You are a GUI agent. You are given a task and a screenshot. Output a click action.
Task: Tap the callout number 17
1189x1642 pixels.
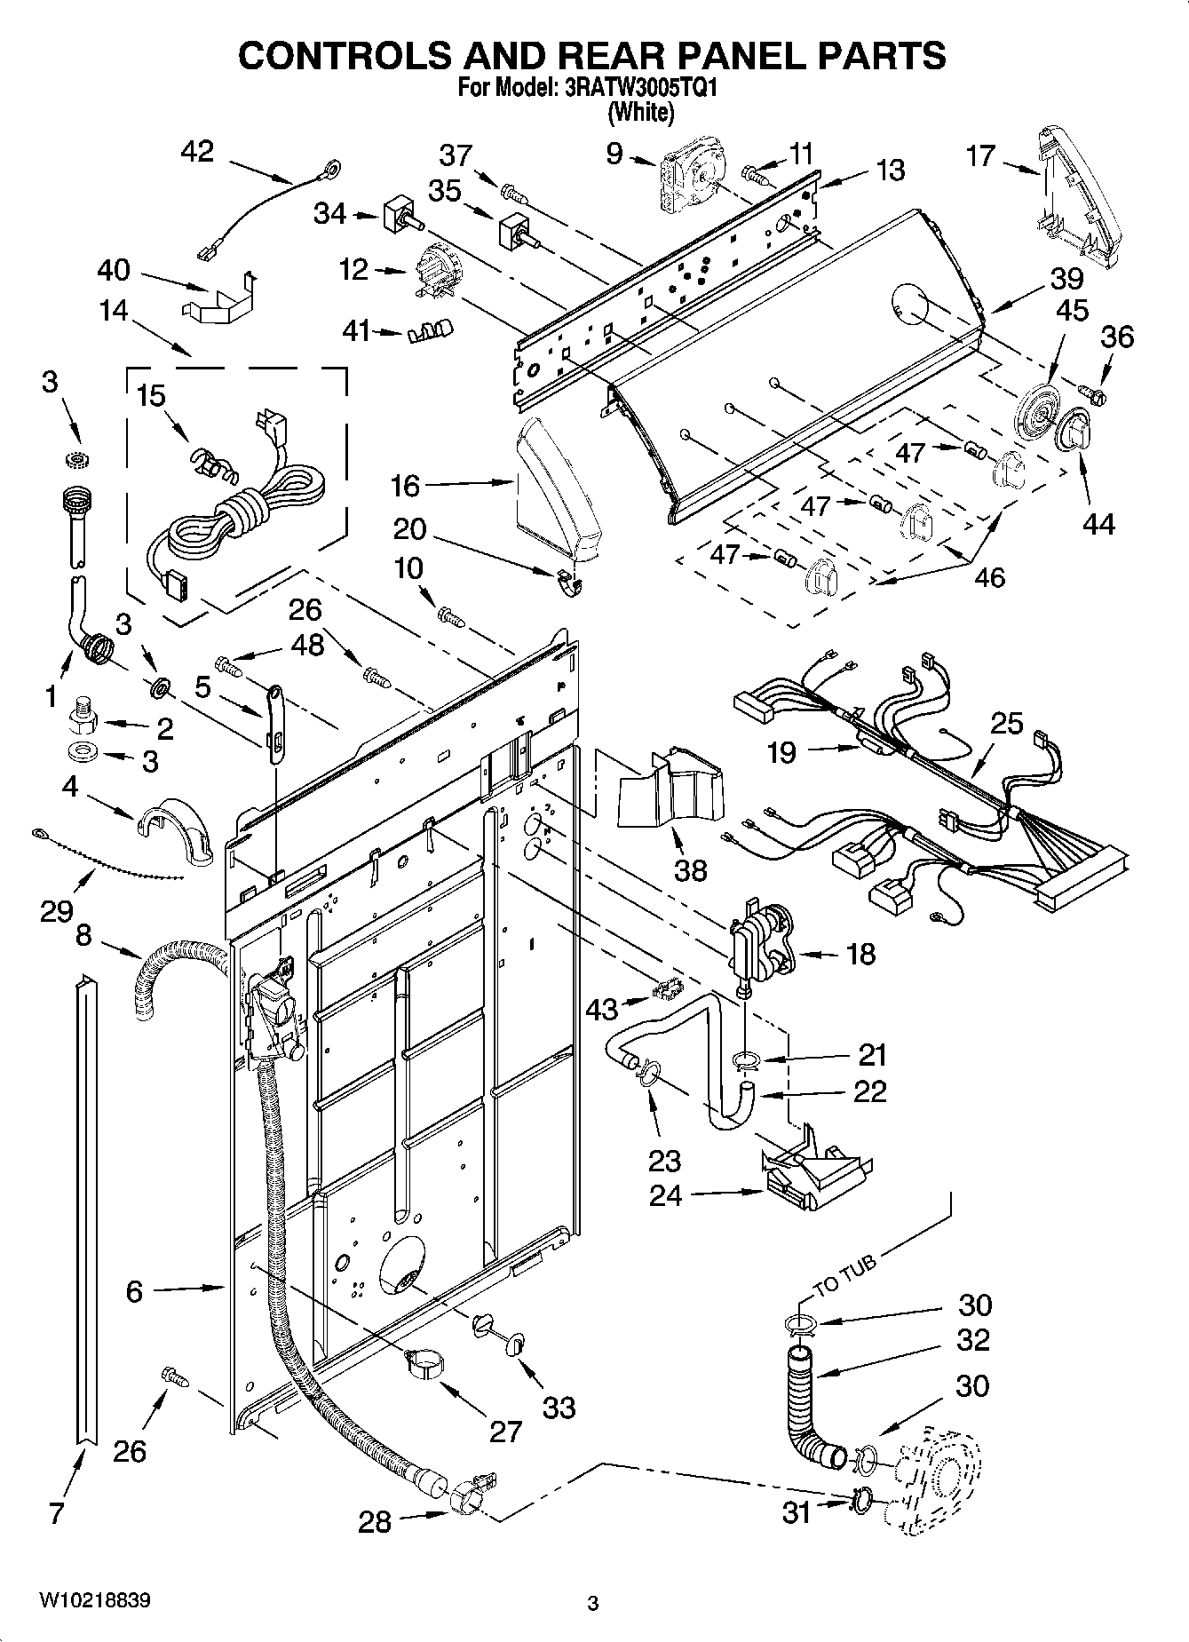980,156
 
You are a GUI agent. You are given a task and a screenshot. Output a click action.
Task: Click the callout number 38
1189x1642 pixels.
691,869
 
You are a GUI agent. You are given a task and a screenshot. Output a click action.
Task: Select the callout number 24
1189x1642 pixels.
665,1196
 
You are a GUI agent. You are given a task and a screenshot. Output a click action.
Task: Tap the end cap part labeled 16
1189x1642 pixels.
557,491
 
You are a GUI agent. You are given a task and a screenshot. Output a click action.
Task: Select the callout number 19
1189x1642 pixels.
781,753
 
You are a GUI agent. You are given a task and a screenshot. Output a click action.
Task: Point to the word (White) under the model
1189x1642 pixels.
640,113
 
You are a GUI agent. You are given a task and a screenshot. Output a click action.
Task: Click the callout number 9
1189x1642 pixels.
614,154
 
